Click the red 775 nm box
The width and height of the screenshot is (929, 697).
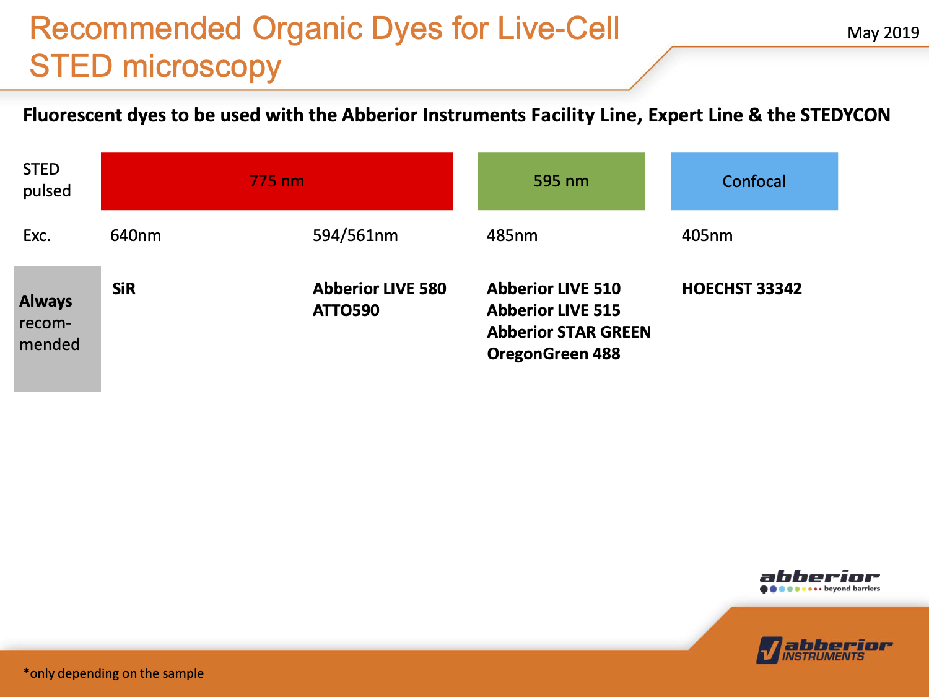coord(277,181)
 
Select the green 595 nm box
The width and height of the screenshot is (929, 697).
coord(561,181)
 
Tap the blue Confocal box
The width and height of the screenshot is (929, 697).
coord(754,181)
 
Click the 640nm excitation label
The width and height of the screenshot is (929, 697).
coord(136,235)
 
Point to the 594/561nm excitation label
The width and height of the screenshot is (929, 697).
coord(355,235)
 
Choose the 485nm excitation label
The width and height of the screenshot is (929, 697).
coord(512,235)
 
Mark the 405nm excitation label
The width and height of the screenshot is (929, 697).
coord(707,235)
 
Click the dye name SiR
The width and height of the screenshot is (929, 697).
coord(124,289)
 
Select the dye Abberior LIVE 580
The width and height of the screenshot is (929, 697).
coord(379,289)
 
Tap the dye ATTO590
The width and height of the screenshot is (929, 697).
coord(346,310)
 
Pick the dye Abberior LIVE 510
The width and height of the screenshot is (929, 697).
coord(554,289)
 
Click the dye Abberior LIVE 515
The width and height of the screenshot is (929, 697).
coord(554,310)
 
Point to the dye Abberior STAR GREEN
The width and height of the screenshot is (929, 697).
coord(569,332)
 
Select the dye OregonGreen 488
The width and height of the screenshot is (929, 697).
coord(554,354)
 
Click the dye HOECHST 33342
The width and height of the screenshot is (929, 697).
coord(741,289)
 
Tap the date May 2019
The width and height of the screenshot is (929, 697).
coord(883,33)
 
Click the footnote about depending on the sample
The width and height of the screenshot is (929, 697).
coord(113,673)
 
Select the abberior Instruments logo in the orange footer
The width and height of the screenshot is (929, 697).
coord(824,650)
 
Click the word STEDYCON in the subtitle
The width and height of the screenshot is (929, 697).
coord(845,115)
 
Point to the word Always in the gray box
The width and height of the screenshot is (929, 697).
coord(46,301)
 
